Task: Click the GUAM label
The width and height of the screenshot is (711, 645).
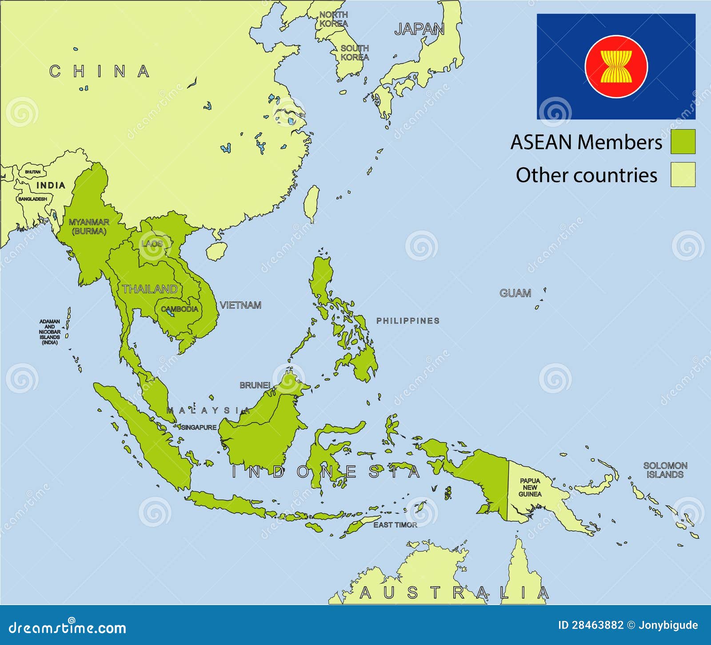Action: point(515,293)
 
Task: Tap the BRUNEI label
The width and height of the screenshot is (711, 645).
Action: point(255,385)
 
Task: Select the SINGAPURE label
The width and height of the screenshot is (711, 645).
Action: point(199,427)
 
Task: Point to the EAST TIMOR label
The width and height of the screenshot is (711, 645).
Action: point(395,525)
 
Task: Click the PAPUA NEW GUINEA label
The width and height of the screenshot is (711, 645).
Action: point(530,487)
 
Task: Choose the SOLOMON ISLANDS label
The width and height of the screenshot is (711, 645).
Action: point(665,470)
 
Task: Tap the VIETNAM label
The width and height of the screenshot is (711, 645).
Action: point(240,305)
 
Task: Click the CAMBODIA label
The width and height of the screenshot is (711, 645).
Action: point(180,309)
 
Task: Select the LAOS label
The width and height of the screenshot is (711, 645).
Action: point(152,244)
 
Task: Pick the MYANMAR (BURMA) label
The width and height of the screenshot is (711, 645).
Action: point(89,226)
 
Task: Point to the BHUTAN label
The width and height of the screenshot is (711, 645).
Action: point(32,172)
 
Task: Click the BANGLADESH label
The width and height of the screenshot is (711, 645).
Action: point(32,199)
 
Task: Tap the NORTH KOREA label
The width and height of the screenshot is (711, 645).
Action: point(333,19)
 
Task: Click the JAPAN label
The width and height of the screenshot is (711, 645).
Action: point(419,29)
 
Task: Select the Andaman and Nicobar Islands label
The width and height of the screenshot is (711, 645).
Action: point(49,332)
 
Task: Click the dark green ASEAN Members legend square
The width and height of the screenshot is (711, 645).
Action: point(683,142)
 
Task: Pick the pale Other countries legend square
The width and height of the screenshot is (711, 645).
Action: point(683,174)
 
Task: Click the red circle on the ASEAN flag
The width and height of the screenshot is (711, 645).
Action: point(616,67)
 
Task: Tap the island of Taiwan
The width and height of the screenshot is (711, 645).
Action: point(312,203)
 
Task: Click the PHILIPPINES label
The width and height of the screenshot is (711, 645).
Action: point(407,321)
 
